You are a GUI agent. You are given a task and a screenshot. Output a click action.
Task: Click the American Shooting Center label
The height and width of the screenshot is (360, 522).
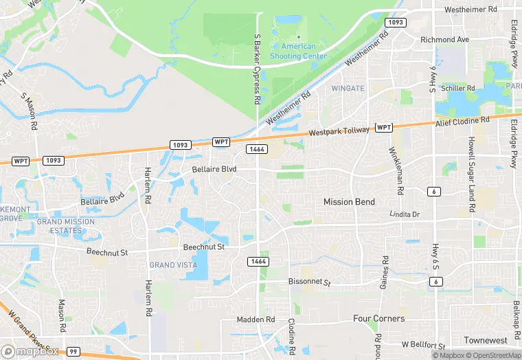coord(293,52)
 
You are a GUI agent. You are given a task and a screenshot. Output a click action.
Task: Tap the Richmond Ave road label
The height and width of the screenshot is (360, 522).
coord(444,40)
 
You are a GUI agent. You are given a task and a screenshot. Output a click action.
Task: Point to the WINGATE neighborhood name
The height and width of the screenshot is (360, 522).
coord(348,89)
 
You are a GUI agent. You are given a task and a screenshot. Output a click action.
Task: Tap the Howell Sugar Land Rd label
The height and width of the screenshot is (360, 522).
coord(472,175)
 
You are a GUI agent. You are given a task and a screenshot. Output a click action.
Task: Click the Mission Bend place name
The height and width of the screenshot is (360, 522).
coord(349,202)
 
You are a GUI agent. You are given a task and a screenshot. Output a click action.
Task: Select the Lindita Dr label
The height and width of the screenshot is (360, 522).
coord(404,214)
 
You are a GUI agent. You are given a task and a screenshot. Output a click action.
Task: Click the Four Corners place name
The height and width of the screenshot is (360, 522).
coord(378,319)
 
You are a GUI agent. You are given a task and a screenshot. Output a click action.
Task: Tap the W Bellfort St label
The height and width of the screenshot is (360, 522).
coord(424,344)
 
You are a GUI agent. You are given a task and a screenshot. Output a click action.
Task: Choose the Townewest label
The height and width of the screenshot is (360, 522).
coord(485,341)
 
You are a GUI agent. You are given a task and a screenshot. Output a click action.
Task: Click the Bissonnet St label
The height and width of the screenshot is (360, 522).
coord(308,282)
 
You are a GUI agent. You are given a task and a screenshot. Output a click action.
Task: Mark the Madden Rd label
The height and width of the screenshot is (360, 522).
coord(256,320)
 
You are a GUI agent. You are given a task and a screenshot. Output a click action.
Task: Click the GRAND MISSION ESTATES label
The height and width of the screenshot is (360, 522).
coord(65,227)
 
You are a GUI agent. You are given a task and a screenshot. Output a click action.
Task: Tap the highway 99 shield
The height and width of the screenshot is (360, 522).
coord(73,352)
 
